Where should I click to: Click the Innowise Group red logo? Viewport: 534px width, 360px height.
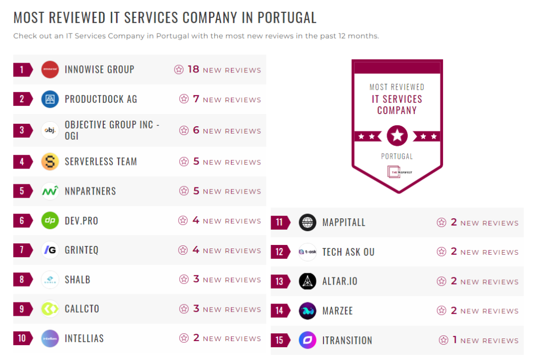50,69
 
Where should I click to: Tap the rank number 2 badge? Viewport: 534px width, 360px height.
22,99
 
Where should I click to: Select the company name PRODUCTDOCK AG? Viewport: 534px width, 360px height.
101,99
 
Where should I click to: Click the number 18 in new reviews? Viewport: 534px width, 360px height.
193,69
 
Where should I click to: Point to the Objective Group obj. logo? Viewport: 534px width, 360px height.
50,130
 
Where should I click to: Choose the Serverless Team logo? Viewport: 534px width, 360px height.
50,162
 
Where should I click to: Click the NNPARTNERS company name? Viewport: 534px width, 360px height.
90,191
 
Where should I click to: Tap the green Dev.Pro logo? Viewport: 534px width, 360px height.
50,221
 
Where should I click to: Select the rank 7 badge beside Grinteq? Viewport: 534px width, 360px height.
22,250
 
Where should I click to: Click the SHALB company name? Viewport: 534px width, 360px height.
78,280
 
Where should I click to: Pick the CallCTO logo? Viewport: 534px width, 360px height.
50,309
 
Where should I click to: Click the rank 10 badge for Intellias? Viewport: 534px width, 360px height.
22,338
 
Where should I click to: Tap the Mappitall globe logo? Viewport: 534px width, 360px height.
308,222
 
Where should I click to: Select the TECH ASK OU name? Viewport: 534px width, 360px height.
348,252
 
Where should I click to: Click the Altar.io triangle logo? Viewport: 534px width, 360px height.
308,281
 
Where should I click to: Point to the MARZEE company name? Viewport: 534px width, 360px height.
337,311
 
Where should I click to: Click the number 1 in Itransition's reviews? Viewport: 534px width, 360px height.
454,340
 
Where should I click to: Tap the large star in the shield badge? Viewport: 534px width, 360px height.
397,136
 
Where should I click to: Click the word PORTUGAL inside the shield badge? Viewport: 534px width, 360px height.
397,156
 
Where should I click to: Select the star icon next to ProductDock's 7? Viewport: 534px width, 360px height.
184,99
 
